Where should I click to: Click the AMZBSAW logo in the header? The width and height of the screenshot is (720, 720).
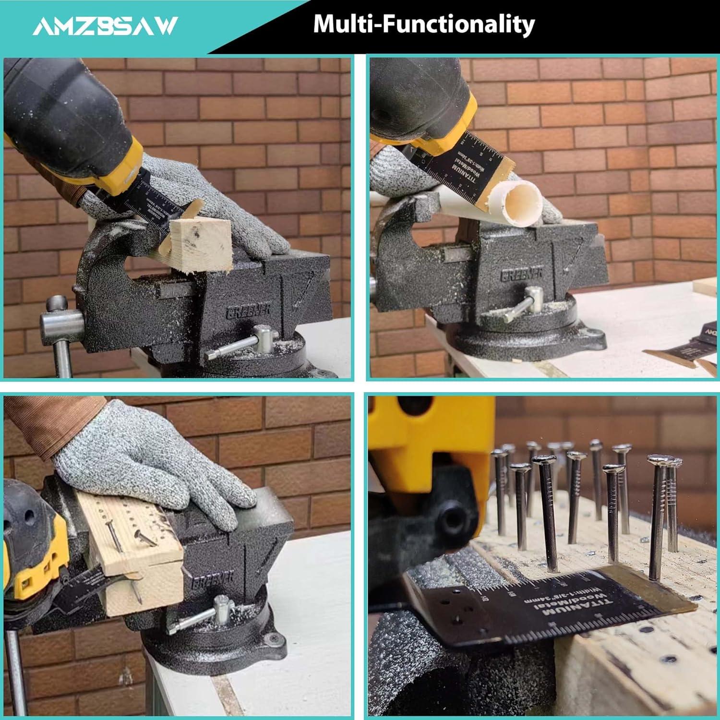click(105, 26)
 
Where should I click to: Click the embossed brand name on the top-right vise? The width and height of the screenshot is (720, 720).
click(522, 274)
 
